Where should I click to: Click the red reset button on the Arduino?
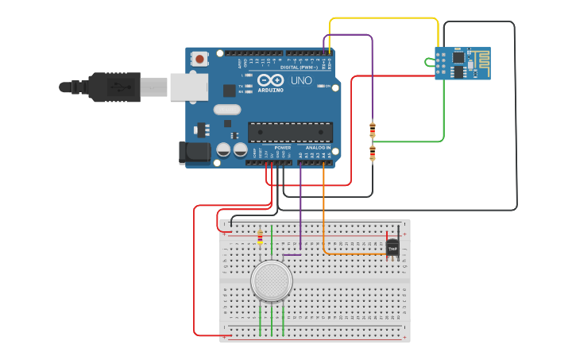click(x=199, y=59)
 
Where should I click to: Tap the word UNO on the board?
click(x=302, y=81)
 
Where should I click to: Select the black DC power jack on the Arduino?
click(x=193, y=153)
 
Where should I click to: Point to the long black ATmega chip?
click(x=289, y=132)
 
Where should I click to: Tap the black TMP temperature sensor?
click(x=392, y=247)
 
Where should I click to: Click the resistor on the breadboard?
click(x=261, y=235)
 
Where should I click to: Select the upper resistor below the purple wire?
click(x=372, y=128)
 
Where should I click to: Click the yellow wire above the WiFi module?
click(x=381, y=18)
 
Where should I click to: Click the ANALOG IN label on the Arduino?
click(x=319, y=148)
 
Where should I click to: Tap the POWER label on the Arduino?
click(x=283, y=148)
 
